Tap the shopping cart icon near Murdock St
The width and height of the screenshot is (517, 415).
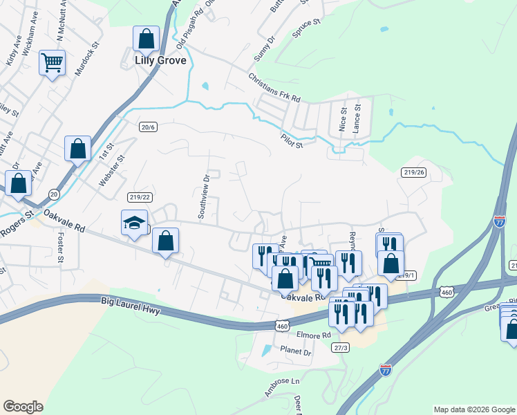point(52,64)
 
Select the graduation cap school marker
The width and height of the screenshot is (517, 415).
point(135,223)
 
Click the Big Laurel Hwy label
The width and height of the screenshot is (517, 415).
point(130,308)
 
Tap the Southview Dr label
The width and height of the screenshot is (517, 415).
point(205,196)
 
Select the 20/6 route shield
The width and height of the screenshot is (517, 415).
point(148,127)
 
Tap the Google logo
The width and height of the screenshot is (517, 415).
point(23,407)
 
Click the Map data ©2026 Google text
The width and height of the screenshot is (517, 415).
point(473,409)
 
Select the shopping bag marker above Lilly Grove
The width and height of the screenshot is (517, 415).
point(146,39)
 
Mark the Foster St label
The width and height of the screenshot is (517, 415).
point(60,251)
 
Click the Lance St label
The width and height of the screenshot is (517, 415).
point(357,118)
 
